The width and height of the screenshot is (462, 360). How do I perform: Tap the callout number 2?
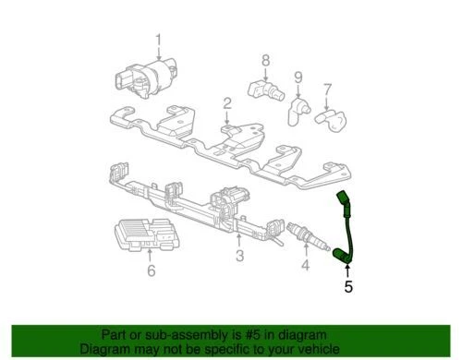226,102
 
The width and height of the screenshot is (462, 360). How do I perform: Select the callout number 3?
239,256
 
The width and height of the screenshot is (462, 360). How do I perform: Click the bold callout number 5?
348,286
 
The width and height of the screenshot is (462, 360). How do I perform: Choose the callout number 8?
265,61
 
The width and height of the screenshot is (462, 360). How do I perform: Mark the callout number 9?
298,77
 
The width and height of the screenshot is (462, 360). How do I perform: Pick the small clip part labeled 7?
328,117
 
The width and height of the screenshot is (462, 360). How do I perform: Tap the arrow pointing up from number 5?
348,270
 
